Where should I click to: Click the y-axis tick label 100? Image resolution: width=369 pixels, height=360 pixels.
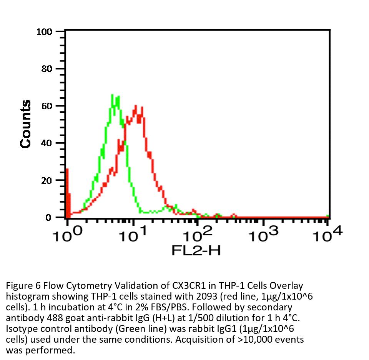coord(44,32)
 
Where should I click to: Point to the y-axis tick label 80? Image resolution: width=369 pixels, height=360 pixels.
coord(47,69)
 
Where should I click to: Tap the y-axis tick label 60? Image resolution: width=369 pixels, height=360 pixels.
coord(47,106)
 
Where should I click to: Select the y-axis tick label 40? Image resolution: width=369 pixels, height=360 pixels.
coord(47,143)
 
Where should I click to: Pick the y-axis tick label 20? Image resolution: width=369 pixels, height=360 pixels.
coord(47,180)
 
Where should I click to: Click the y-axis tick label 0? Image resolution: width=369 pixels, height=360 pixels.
coord(49,218)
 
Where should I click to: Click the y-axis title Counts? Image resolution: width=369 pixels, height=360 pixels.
coord(26,124)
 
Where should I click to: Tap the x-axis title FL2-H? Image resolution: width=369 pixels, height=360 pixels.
coord(196,251)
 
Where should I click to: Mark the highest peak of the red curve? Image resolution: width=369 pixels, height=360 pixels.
coord(136,106)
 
